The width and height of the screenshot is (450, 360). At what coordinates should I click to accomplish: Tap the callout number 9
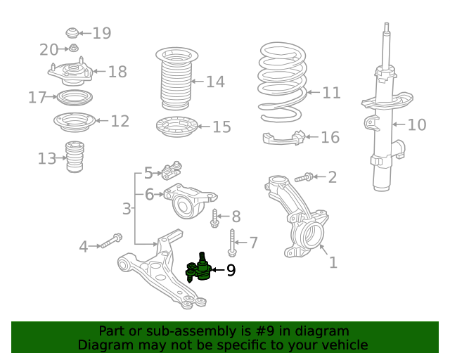[x=231, y=270]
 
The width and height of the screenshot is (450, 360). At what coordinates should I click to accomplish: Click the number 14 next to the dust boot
[x=216, y=82]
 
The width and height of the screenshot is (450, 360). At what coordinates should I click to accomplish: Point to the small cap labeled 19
[x=72, y=33]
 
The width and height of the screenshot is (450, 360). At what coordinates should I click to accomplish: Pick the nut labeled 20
[x=74, y=49]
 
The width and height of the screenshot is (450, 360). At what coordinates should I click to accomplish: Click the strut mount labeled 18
[x=70, y=72]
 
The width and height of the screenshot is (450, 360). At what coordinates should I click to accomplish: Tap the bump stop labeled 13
[x=75, y=157]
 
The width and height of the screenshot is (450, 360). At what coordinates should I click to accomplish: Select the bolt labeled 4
[x=112, y=240]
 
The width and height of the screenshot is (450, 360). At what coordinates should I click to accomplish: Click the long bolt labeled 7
[x=232, y=243]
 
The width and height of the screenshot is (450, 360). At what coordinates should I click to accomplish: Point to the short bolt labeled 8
[x=214, y=219]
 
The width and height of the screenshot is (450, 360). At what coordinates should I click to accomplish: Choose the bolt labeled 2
[x=304, y=177]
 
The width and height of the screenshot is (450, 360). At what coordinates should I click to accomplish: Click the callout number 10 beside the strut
[x=417, y=125]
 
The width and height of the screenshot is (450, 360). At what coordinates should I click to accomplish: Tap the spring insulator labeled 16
[x=284, y=138]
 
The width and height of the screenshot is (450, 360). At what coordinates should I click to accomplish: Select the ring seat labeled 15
[x=177, y=127]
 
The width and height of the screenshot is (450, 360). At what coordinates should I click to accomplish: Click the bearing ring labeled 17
[x=75, y=98]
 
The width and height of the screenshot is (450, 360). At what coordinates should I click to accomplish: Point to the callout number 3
[x=127, y=209]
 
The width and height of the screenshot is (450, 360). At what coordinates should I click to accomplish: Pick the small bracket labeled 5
[x=172, y=171]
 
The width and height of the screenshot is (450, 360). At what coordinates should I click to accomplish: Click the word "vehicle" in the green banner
[x=347, y=345]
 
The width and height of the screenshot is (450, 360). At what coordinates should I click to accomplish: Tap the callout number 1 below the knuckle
[x=333, y=262]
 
